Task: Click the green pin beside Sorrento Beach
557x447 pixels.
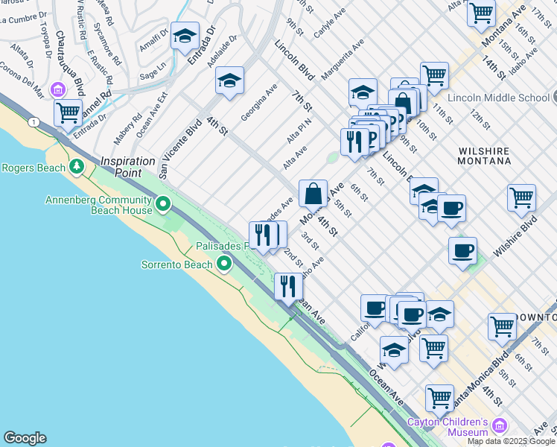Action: pyautogui.click(x=224, y=264)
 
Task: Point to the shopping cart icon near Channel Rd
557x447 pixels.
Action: pyautogui.click(x=68, y=114)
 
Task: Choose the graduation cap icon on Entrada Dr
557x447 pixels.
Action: pyautogui.click(x=184, y=36)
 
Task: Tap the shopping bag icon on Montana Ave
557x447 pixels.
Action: pyautogui.click(x=313, y=194)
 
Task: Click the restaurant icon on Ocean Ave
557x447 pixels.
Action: pyautogui.click(x=288, y=286)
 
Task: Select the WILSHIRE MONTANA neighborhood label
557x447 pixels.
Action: pyautogui.click(x=484, y=154)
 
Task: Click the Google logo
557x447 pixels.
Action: pyautogui.click(x=25, y=438)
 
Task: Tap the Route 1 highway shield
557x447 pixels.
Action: pyautogui.click(x=34, y=121)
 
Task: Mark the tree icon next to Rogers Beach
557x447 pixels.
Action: pyautogui.click(x=75, y=165)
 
